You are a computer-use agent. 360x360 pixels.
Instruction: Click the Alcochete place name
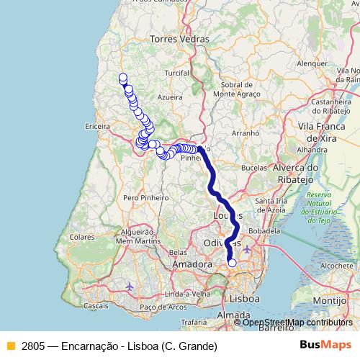[336, 266]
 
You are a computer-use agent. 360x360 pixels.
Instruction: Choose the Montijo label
[330, 299]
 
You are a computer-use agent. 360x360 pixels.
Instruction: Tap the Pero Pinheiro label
[145, 197]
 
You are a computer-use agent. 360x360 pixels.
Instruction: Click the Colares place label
[82, 235]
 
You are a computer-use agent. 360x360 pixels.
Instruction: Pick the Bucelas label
[254, 166]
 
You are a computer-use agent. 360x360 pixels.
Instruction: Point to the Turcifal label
[176, 73]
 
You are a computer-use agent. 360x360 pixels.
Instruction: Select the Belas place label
[177, 253]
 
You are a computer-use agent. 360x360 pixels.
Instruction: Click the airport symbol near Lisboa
[248, 249]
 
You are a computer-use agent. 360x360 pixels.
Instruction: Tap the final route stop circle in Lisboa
[232, 263]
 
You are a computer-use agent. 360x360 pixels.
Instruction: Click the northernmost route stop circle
[122, 78]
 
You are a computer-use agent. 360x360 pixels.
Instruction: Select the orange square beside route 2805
[9, 346]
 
